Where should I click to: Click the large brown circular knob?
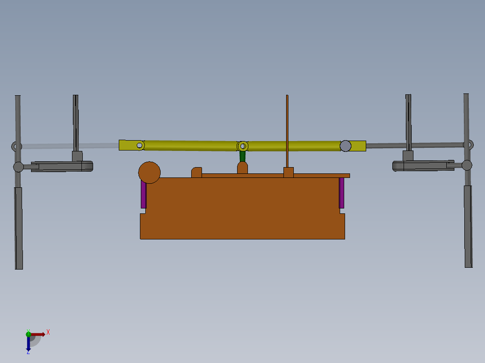(149, 173)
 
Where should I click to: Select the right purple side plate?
(341, 193)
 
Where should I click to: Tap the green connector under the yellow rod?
(242, 156)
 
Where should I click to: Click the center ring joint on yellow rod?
(243, 146)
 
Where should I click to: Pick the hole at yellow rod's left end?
(139, 145)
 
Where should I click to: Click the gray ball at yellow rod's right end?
(345, 146)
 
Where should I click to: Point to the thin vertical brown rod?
(287, 130)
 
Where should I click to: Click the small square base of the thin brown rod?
(288, 172)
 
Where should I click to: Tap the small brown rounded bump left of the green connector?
(197, 173)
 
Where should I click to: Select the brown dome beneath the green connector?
(242, 168)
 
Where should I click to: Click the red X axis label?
(48, 332)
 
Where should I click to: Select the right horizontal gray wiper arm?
(423, 166)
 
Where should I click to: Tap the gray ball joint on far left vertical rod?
(18, 167)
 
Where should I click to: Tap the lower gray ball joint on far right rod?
(467, 165)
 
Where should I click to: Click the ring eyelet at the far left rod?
(16, 146)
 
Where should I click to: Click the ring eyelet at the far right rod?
(469, 145)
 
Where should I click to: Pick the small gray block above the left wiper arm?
(77, 156)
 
